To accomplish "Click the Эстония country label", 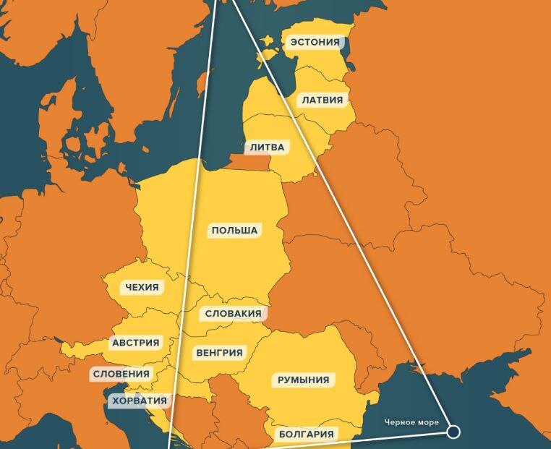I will pyautogui.click(x=314, y=42).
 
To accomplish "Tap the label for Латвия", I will pyautogui.click(x=323, y=100).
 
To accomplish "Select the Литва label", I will pyautogui.click(x=268, y=147).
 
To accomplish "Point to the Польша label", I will pyautogui.click(x=234, y=231).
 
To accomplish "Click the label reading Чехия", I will pyautogui.click(x=142, y=287).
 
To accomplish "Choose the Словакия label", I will pyautogui.click(x=232, y=314).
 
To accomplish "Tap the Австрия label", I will pyautogui.click(x=135, y=343).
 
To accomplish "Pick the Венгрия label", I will pyautogui.click(x=219, y=353).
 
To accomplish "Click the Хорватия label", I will pyautogui.click(x=138, y=401).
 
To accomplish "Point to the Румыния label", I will pyautogui.click(x=303, y=380).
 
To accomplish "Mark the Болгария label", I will pyautogui.click(x=306, y=434).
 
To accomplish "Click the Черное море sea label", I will pyautogui.click(x=411, y=422).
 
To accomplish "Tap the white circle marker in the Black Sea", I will pyautogui.click(x=453, y=432).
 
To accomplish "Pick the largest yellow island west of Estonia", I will pyautogui.click(x=268, y=54).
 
